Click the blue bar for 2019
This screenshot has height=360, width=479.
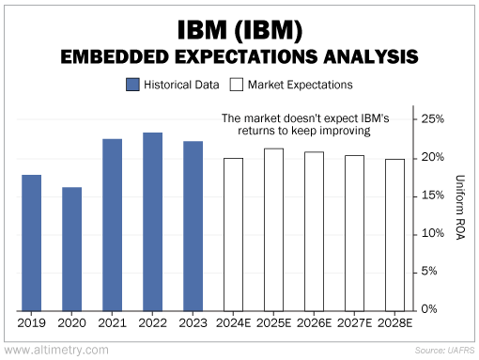click(x=31, y=243)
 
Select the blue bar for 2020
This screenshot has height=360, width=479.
click(x=71, y=249)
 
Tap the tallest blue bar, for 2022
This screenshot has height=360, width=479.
click(x=152, y=222)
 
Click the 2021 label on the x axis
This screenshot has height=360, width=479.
click(x=112, y=322)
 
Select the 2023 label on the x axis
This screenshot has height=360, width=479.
click(x=193, y=322)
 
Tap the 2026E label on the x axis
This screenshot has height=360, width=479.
click(x=314, y=322)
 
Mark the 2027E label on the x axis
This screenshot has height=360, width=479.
click(x=354, y=322)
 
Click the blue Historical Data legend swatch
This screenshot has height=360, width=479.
click(x=132, y=85)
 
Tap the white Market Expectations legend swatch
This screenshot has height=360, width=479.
click(x=237, y=85)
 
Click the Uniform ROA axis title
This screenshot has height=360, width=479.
click(x=459, y=208)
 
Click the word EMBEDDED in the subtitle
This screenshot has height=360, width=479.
click(x=115, y=57)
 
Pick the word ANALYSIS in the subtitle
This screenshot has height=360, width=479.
click(x=371, y=57)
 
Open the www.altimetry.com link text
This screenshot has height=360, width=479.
click(x=56, y=350)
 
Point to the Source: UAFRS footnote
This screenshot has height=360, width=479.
click(x=444, y=351)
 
